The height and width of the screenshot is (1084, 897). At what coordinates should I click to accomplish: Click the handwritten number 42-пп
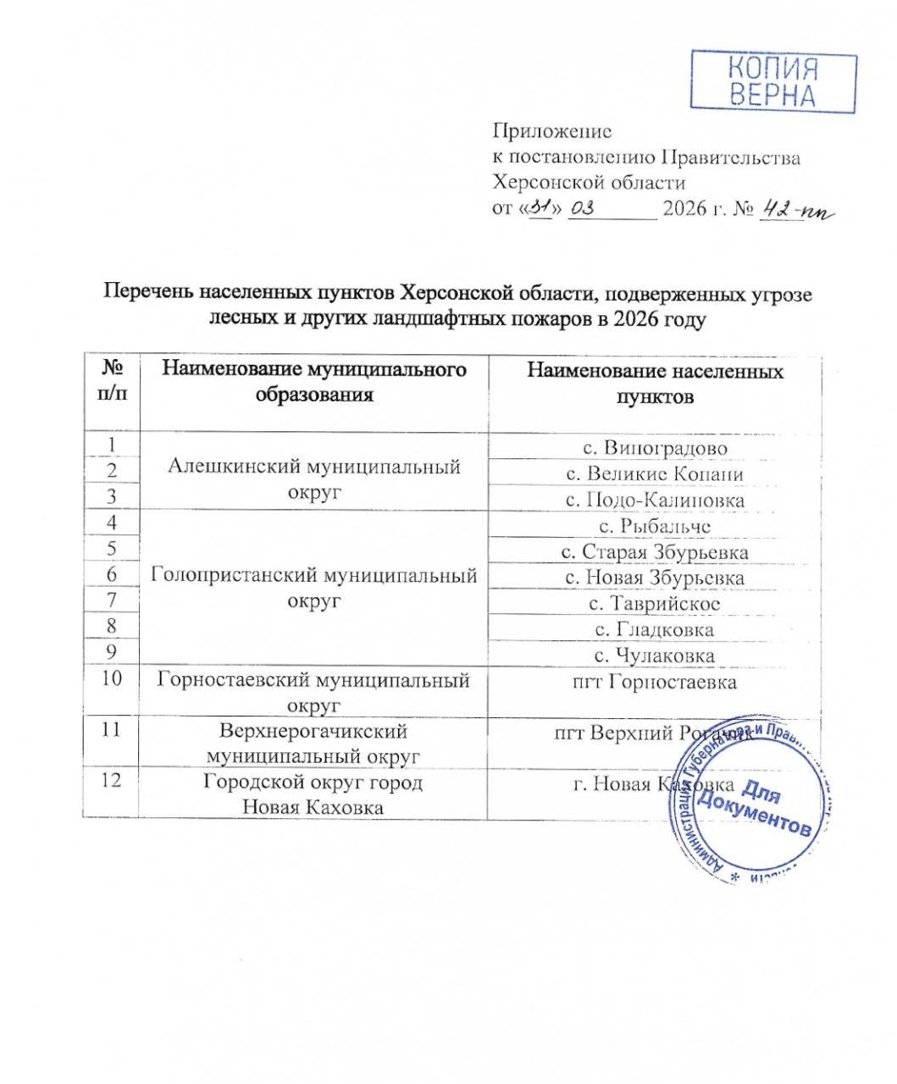[797, 209]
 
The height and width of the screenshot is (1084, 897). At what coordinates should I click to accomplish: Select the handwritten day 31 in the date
[540, 207]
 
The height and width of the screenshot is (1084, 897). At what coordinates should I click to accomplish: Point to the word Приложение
[551, 131]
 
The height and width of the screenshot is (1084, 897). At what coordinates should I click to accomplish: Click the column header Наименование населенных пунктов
[656, 384]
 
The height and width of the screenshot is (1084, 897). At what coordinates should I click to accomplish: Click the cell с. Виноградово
[656, 447]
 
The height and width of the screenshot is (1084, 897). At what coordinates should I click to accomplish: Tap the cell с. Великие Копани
[656, 473]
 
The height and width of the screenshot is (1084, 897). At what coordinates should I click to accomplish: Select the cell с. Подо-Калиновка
[656, 500]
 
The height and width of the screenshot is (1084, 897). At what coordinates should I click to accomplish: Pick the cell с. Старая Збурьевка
[656, 552]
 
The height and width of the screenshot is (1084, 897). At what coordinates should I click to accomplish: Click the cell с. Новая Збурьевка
[656, 578]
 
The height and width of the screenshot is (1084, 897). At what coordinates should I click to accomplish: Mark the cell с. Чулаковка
[656, 655]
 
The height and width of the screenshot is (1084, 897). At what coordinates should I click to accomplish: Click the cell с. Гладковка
[656, 629]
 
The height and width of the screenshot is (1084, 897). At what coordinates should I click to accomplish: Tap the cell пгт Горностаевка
[656, 682]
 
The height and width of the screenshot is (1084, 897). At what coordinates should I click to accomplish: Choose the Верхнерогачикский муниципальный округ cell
[313, 743]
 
